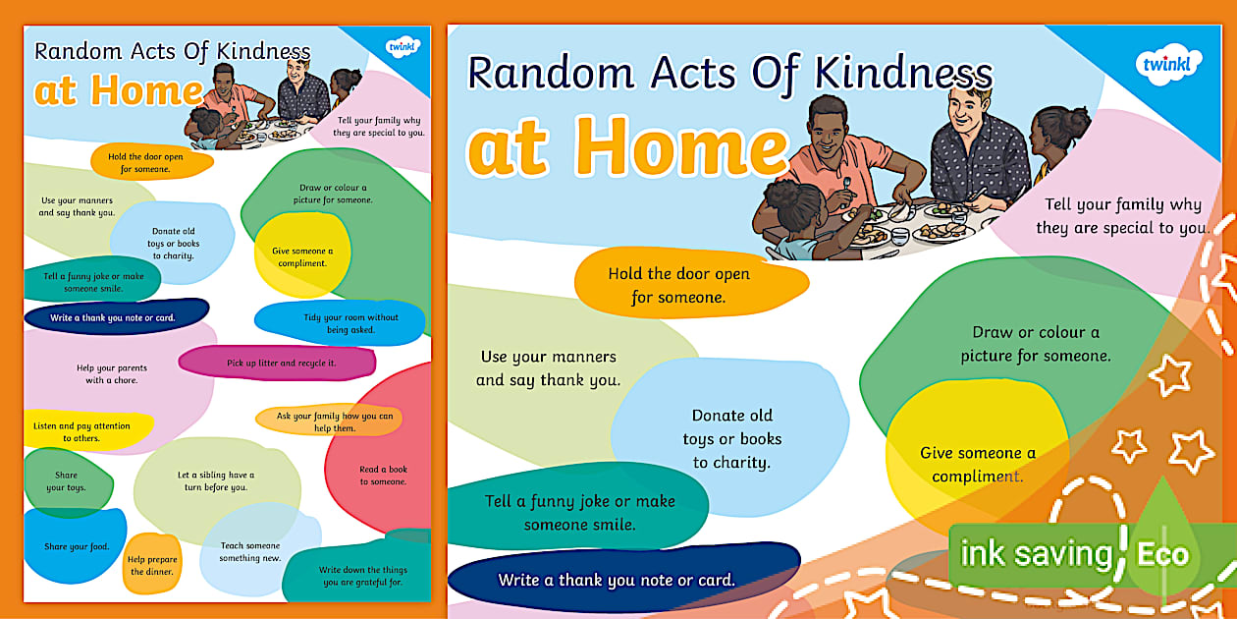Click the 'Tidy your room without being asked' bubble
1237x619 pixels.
click(340, 323)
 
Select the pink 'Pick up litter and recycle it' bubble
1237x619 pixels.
click(278, 364)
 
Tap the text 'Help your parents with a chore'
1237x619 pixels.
click(112, 374)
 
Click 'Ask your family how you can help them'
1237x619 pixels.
click(334, 422)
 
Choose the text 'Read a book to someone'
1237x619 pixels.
click(383, 476)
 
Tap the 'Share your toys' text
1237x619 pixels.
click(66, 480)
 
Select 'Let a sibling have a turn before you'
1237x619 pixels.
click(216, 480)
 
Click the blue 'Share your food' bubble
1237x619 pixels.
click(76, 545)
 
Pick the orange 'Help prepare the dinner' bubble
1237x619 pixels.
click(152, 564)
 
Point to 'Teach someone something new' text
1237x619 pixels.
click(250, 551)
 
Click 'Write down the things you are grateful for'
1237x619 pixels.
click(363, 576)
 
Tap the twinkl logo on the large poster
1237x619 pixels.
click(1166, 65)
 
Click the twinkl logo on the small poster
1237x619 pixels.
click(403, 46)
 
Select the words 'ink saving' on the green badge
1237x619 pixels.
click(1037, 554)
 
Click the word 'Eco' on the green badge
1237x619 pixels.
click(1162, 554)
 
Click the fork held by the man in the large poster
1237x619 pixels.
click(846, 188)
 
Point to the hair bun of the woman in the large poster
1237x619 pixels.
click(1078, 121)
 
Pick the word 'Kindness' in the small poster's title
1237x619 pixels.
click(263, 51)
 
